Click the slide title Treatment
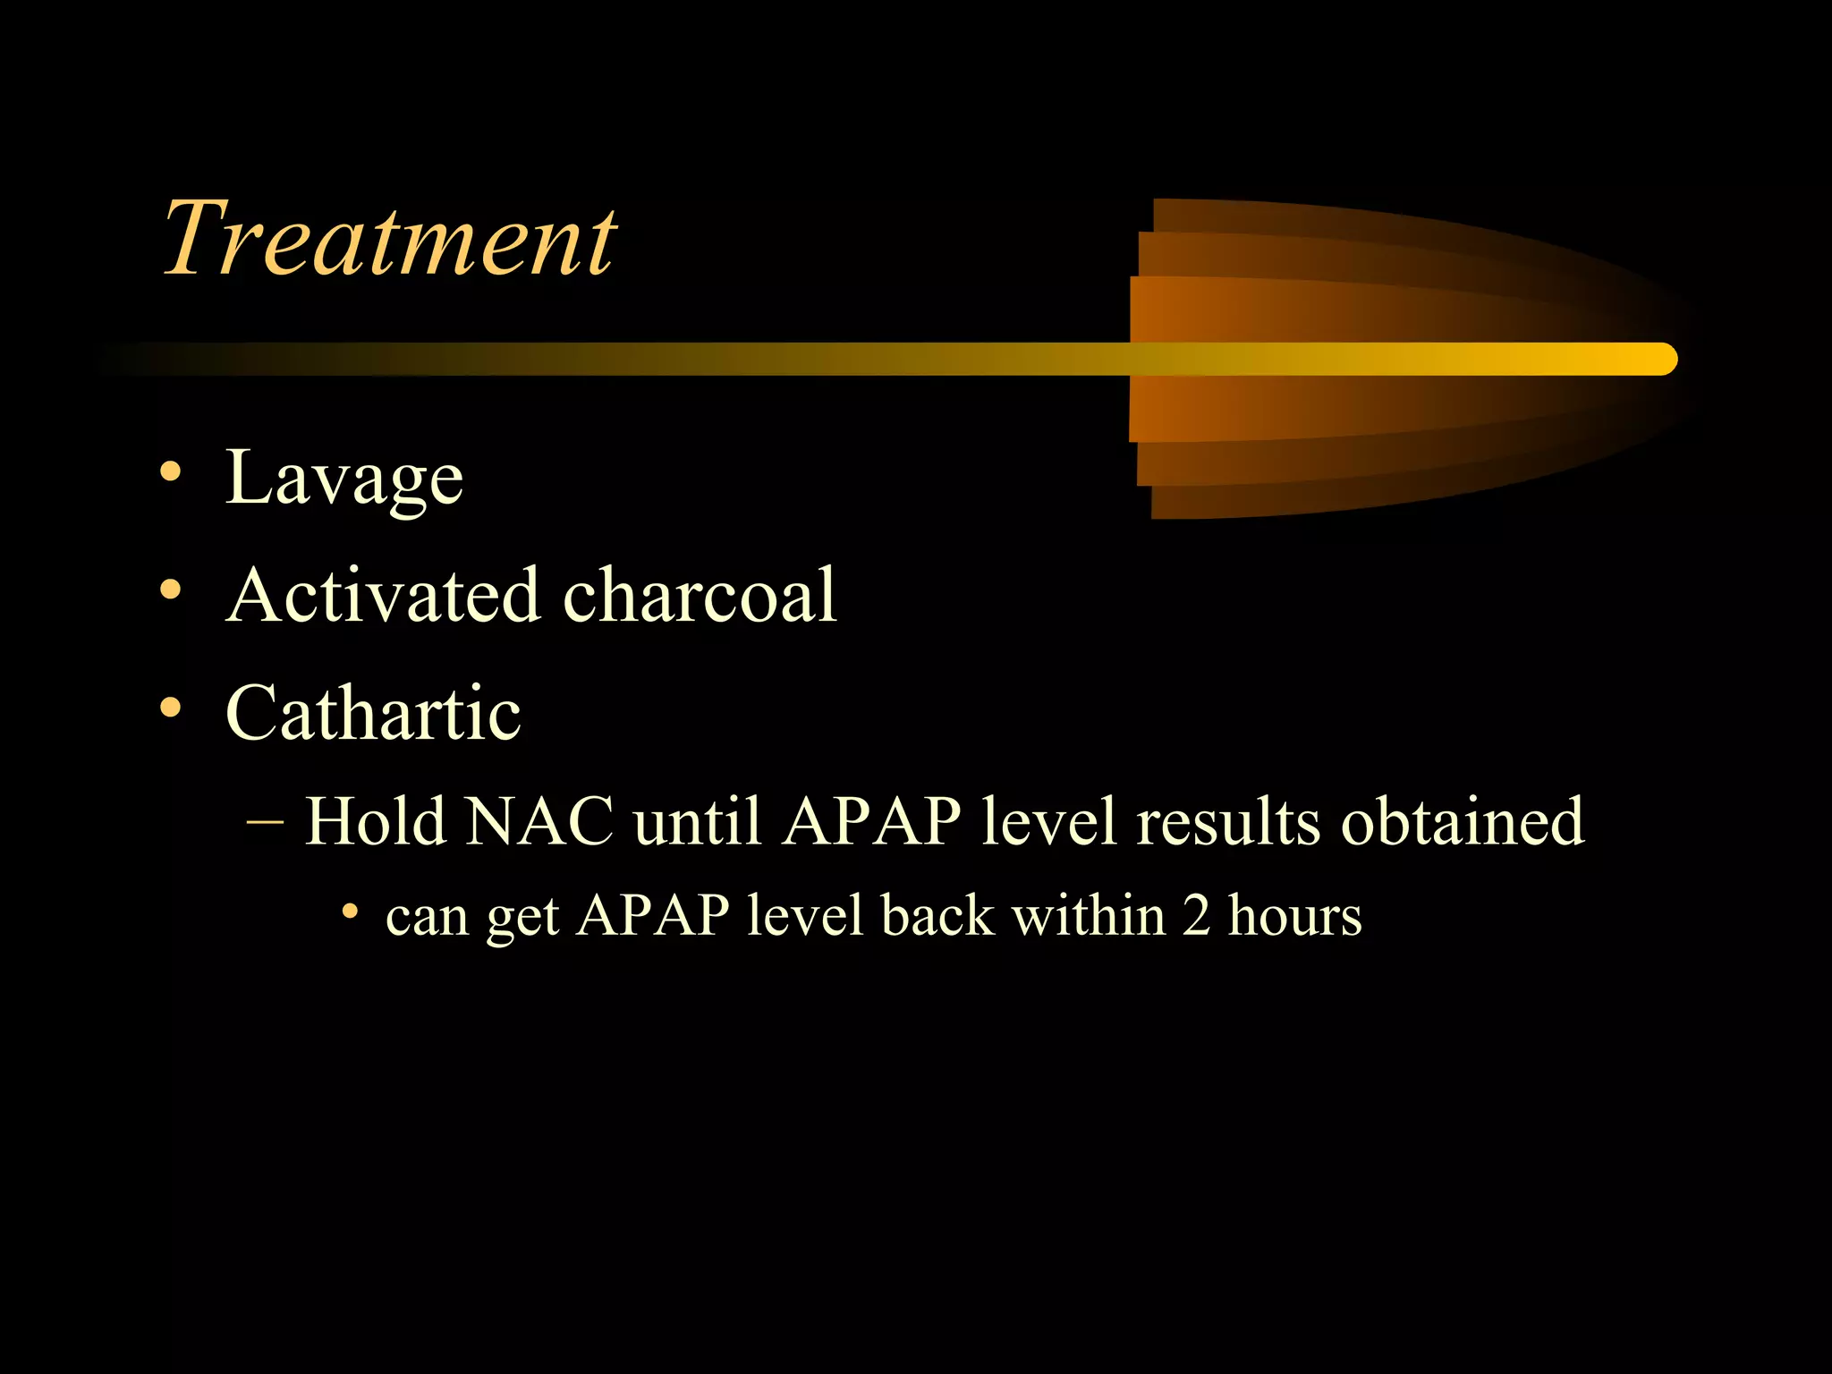point(389,238)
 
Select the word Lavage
point(344,479)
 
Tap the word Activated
point(383,595)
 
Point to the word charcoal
point(700,595)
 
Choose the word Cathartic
point(373,713)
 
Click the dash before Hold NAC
point(265,821)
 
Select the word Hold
point(374,821)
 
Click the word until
point(697,821)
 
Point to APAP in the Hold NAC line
point(871,821)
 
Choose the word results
point(1227,821)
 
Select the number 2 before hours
point(1197,916)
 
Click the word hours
point(1294,916)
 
